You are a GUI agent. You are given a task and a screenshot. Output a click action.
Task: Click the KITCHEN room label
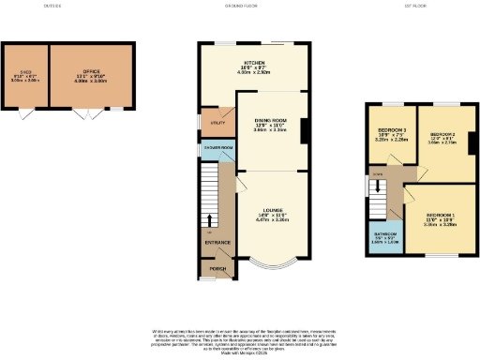(252, 64)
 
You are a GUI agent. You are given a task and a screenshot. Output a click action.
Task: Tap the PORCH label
(217, 269)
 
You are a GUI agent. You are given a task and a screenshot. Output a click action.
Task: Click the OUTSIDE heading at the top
(52, 7)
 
